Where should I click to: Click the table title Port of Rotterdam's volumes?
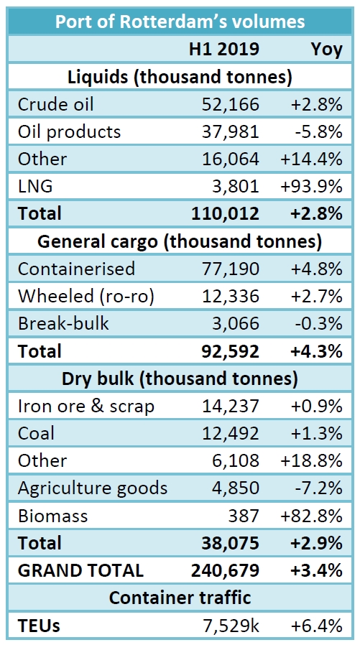(x=180, y=22)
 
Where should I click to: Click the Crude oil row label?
(x=56, y=104)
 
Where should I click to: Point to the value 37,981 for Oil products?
(x=232, y=131)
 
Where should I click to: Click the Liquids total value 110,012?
(x=225, y=213)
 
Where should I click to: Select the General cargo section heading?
(x=180, y=241)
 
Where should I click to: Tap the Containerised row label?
(x=76, y=269)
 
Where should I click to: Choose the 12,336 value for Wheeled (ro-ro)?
(x=232, y=295)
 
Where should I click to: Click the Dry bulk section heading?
(x=180, y=378)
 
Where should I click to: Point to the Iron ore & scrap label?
(x=86, y=406)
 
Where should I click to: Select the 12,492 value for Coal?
(x=232, y=433)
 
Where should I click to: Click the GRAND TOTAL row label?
(x=80, y=570)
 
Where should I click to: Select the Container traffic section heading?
(x=180, y=598)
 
